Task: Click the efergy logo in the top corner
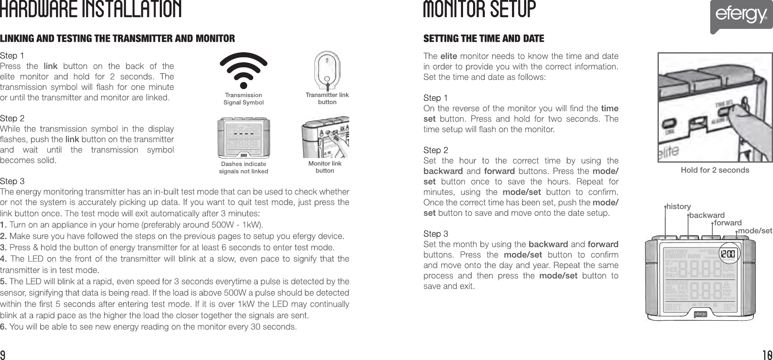coord(741,16)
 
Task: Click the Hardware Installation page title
coord(91,10)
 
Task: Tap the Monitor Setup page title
coord(479,10)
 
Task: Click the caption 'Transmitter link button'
coord(327,98)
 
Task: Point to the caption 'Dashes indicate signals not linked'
coord(243,167)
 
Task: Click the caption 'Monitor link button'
coord(325,167)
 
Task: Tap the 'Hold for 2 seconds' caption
coord(715,170)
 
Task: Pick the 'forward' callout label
coord(728,223)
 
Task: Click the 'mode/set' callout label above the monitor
coord(755,231)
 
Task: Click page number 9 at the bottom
coord(3,355)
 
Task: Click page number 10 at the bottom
coord(767,355)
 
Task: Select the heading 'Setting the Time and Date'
coord(484,39)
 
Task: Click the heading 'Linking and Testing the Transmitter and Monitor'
coord(118,39)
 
